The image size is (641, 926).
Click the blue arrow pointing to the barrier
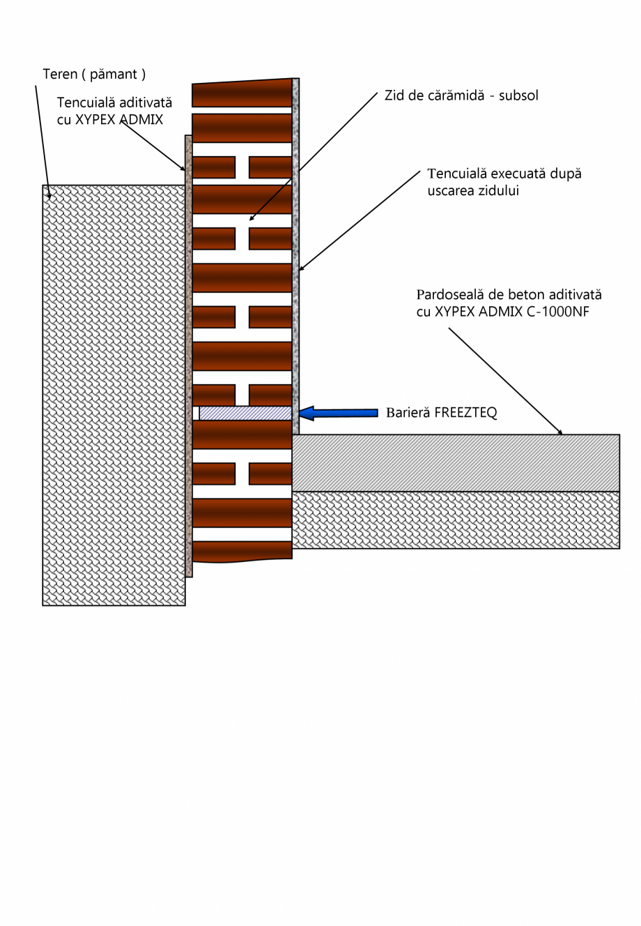[x=338, y=413]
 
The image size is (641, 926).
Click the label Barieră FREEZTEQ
[x=441, y=413]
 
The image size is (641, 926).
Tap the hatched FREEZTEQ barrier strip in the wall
[x=245, y=413]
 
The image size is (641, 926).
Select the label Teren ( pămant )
[x=94, y=74]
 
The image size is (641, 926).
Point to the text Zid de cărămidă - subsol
[x=461, y=96]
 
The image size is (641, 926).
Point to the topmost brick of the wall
[x=241, y=93]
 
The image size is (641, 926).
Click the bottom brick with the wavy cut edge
[x=241, y=551]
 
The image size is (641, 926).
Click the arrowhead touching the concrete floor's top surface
[x=559, y=432]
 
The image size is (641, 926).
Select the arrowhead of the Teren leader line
[x=49, y=195]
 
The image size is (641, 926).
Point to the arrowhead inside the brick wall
[x=252, y=218]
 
